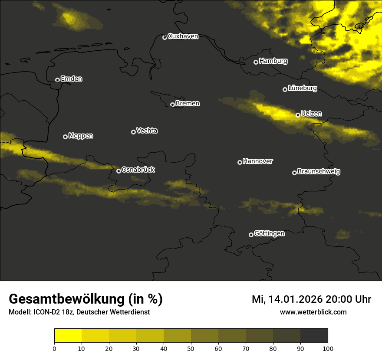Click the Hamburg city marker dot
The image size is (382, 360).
point(256,62)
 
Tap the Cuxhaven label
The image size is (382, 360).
point(183,36)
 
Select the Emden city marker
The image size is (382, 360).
point(57,80)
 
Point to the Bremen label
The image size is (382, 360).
point(188,104)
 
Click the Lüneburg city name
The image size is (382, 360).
point(303,88)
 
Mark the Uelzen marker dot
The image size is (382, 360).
point(298,115)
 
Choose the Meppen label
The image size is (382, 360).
point(81,136)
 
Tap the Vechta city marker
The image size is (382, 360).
point(133,132)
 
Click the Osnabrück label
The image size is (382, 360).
point(138,170)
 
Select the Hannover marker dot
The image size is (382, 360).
point(240,162)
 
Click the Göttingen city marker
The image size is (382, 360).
point(251,235)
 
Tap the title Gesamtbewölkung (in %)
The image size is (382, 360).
point(86,299)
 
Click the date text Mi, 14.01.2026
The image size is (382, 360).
point(286,299)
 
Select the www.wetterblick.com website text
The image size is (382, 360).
point(313,312)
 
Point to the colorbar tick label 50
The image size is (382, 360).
point(191,348)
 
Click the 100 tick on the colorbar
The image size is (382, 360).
point(328,348)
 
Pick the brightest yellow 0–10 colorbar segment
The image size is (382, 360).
point(68,336)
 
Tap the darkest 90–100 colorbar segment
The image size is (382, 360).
point(314,336)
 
